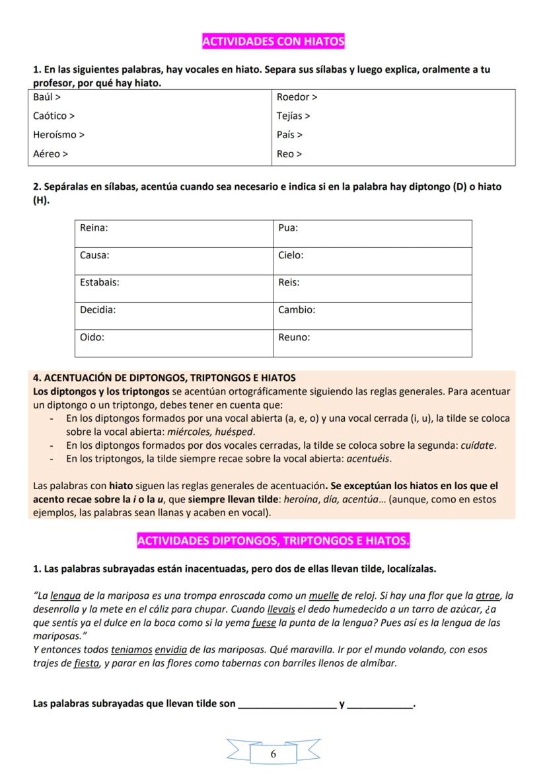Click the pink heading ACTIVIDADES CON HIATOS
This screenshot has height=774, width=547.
pos(273,42)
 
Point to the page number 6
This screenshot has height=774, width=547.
pos(273,755)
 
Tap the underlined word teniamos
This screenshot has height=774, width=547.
pos(133,650)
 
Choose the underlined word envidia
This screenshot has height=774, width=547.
pos(174,650)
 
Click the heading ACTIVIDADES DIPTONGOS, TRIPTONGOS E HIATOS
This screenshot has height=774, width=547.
pos(273,542)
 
